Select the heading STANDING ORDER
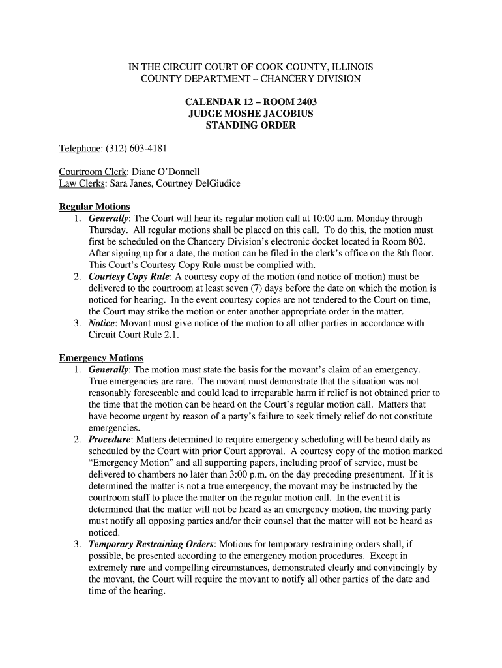coord(250,125)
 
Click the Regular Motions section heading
coord(95,207)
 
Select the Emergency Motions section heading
coord(101,358)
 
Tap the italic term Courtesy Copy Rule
coord(128,277)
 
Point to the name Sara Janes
coord(125,184)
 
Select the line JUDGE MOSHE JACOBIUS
coord(250,114)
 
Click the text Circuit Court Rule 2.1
coord(133,335)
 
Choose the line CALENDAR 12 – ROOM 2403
coord(250,102)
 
